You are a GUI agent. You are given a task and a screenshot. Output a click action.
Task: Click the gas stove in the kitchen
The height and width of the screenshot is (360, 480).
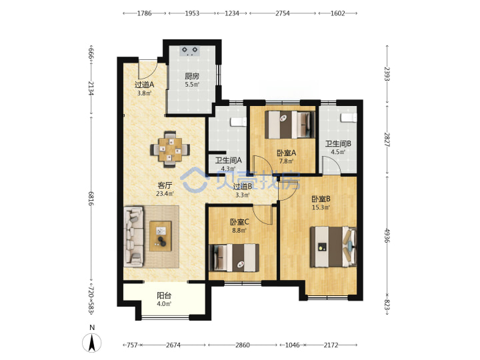tap(190, 51)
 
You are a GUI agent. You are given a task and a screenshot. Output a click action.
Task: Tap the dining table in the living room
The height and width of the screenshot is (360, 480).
tap(170, 149)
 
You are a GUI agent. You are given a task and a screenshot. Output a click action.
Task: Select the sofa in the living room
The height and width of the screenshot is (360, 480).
tap(133, 236)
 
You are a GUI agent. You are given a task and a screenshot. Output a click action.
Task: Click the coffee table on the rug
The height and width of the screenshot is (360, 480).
tap(161, 236)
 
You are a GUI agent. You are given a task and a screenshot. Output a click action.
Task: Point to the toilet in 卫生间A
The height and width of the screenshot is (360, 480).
tap(239, 121)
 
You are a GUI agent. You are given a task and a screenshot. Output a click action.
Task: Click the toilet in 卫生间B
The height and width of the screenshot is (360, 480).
tap(349, 117)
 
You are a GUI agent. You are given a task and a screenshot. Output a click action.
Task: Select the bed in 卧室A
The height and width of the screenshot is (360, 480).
tap(289, 125)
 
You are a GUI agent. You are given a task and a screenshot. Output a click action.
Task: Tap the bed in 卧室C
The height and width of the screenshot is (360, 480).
tap(234, 258)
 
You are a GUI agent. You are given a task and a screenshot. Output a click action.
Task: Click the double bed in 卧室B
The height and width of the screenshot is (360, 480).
tap(333, 247)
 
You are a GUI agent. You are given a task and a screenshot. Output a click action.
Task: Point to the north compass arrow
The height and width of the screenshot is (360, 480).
tap(91, 342)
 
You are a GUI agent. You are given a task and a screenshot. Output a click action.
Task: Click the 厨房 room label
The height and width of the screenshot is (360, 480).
tap(191, 76)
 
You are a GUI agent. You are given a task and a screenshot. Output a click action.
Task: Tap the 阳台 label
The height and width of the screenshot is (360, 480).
tap(164, 295)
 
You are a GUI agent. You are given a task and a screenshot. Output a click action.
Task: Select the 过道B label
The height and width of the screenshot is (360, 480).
tap(243, 186)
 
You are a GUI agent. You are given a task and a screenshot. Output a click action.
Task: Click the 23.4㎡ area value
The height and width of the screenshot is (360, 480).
tap(165, 193)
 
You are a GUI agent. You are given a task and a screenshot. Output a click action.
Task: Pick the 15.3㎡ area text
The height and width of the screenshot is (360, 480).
tap(321, 207)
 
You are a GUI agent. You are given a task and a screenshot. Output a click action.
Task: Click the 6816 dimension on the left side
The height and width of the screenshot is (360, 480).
tap(91, 199)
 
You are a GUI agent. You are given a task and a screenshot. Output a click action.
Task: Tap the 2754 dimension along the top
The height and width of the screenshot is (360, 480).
tap(283, 13)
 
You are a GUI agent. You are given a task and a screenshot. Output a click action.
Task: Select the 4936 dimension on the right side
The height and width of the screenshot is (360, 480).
tap(387, 235)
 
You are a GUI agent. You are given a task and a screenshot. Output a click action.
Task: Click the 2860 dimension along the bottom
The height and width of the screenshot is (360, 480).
tap(243, 345)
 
